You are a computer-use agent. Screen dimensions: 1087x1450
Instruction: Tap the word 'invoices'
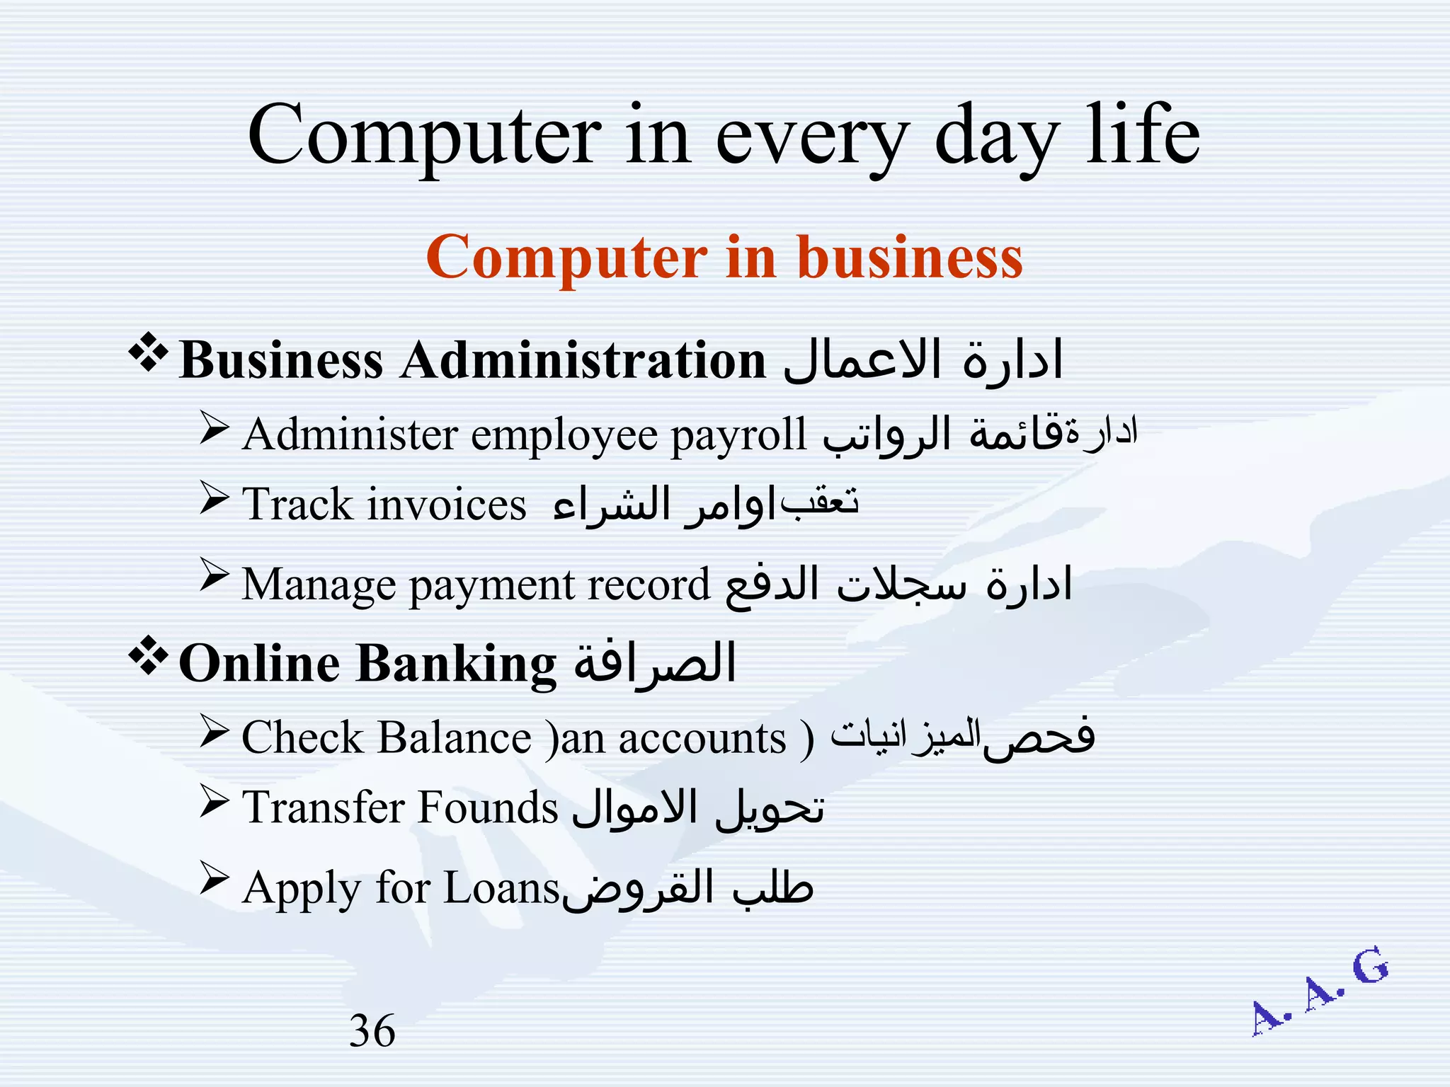(x=447, y=505)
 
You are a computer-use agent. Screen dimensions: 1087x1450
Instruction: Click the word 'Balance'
(x=454, y=738)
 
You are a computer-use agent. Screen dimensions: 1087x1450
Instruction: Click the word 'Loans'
(x=501, y=888)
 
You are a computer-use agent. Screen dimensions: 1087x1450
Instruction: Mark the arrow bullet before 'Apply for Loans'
(x=214, y=878)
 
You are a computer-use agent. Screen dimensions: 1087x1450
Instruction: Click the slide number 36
(x=372, y=1031)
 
